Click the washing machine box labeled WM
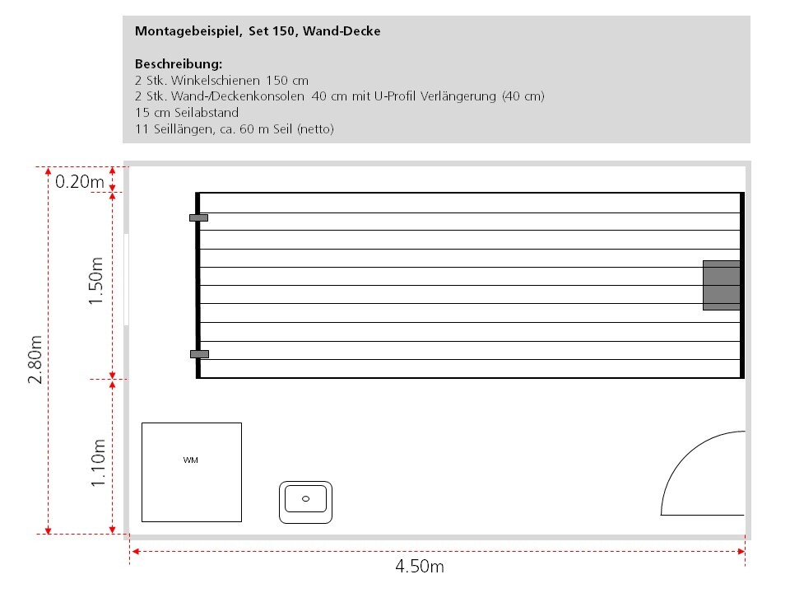click(x=191, y=472)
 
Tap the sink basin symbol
click(x=305, y=502)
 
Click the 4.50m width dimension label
click(x=420, y=567)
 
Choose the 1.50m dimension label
click(x=98, y=281)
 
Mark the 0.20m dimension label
click(x=80, y=181)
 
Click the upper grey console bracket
click(x=198, y=217)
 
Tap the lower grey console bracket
click(x=199, y=354)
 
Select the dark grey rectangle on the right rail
click(x=721, y=285)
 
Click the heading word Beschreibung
click(x=179, y=63)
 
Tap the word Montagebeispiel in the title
click(x=188, y=31)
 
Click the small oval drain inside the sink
click(x=305, y=498)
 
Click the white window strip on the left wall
click(x=127, y=279)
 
